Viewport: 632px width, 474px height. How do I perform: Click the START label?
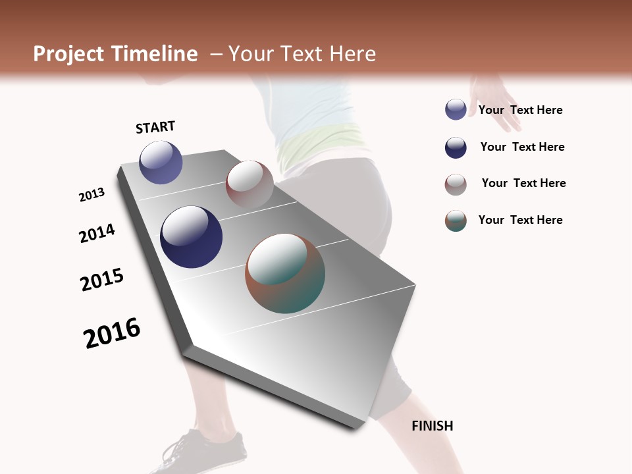tap(155, 127)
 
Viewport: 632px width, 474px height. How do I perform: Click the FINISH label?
tap(432, 426)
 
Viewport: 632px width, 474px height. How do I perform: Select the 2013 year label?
tap(92, 195)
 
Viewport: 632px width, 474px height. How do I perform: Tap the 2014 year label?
tap(97, 233)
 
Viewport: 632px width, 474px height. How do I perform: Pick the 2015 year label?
tap(102, 280)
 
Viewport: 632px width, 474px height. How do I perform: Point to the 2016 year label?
tap(112, 333)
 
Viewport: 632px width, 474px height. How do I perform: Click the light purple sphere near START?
tap(161, 163)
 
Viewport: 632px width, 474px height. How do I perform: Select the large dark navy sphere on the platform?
tap(191, 237)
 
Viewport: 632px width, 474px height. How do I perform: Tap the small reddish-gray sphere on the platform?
tap(250, 184)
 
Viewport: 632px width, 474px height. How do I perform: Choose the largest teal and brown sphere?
tap(285, 273)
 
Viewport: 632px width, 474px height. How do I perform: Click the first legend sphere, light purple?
tap(456, 110)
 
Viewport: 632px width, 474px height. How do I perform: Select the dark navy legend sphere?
tap(456, 147)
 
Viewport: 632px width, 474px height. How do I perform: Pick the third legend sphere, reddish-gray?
tap(456, 184)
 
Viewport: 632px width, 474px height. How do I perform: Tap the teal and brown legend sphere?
tap(456, 221)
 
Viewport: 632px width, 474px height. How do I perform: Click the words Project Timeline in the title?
tap(115, 54)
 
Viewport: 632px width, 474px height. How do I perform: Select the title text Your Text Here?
tap(302, 54)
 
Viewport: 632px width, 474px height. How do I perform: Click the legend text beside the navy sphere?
tap(522, 147)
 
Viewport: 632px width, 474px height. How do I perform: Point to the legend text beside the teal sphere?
tap(520, 220)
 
